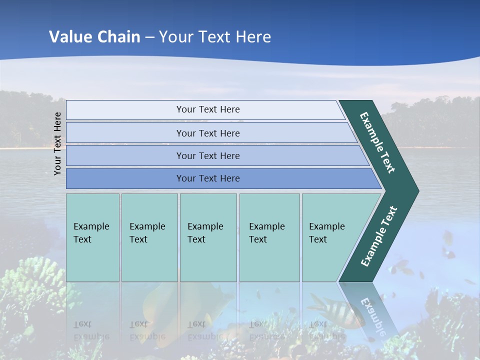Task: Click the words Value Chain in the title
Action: pyautogui.click(x=94, y=37)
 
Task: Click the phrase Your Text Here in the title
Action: pyautogui.click(x=215, y=37)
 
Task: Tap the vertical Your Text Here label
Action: pyautogui.click(x=57, y=143)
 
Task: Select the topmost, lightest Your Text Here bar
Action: pyautogui.click(x=207, y=109)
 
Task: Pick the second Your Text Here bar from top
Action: pyautogui.click(x=207, y=133)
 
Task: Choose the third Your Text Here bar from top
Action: pyautogui.click(x=207, y=156)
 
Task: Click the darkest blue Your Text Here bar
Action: pyautogui.click(x=207, y=178)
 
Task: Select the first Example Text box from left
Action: pyautogui.click(x=92, y=237)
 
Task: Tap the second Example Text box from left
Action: pyautogui.click(x=149, y=237)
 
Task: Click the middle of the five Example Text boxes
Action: pyautogui.click(x=208, y=237)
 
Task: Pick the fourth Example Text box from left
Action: pyautogui.click(x=269, y=237)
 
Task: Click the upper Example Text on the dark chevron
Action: pyautogui.click(x=377, y=142)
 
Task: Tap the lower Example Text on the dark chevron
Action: pyautogui.click(x=379, y=236)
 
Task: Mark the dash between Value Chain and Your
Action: pyautogui.click(x=149, y=37)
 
